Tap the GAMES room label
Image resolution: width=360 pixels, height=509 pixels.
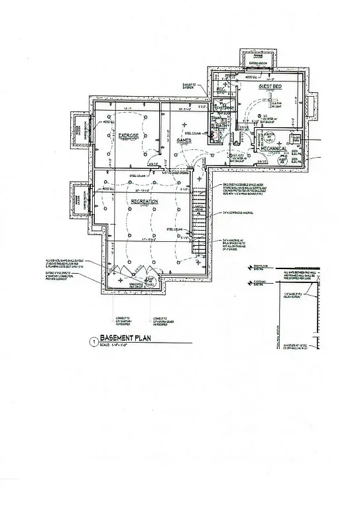184,141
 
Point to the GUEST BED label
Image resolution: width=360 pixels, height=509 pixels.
272,87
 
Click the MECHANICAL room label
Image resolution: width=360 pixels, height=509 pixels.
272,149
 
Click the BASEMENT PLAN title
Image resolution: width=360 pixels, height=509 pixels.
127,336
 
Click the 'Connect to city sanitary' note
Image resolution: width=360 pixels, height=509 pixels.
123,311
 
